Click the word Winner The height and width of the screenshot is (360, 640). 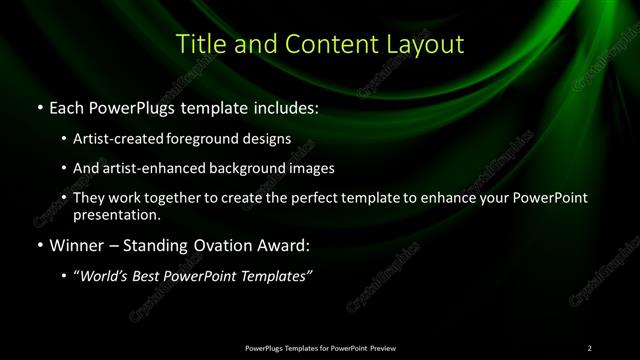click(73, 243)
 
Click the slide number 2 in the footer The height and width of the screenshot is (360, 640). click(590, 347)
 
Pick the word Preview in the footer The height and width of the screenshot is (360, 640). click(381, 347)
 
